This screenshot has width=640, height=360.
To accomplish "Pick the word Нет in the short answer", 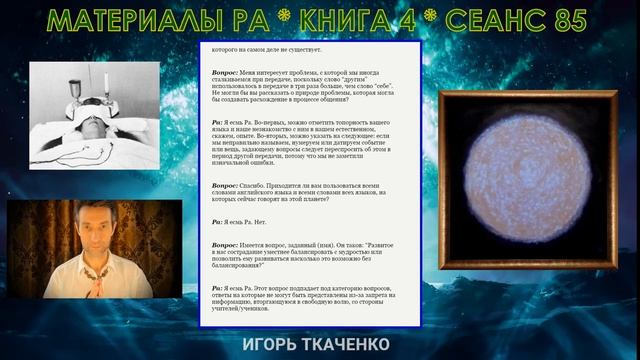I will click(266, 223).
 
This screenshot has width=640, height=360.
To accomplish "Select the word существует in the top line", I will click(304, 48).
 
